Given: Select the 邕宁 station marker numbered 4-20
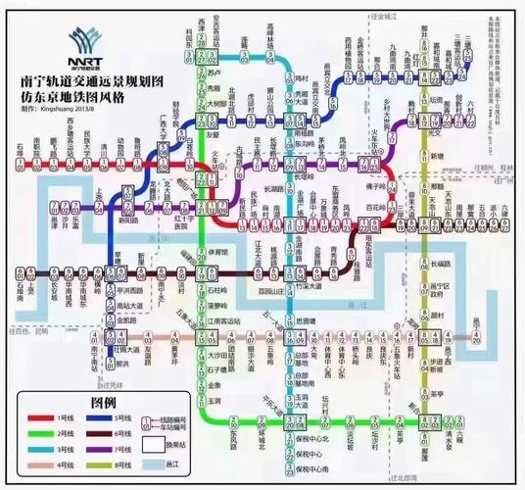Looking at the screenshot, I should click(476, 338).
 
